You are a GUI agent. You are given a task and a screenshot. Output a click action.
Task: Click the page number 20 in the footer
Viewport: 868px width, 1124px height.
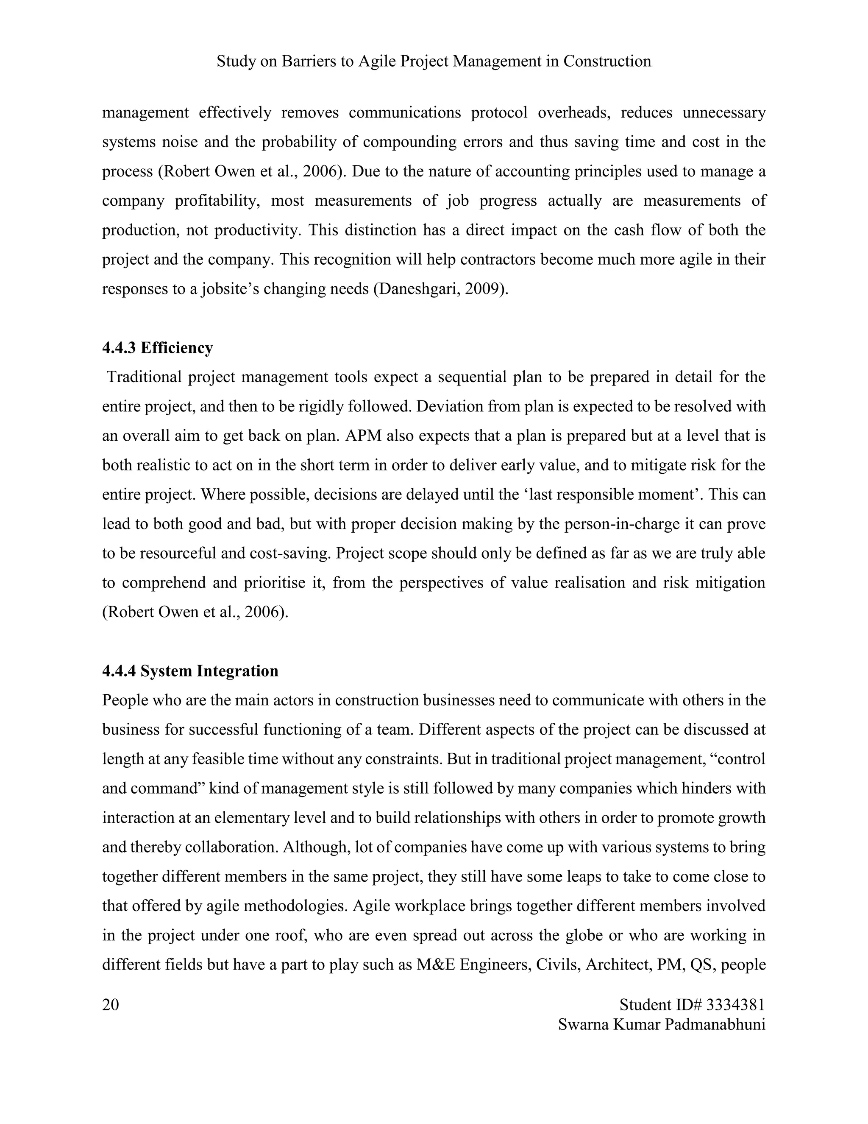pos(111,1004)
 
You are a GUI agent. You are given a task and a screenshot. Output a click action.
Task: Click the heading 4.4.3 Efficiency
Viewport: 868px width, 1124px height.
pos(157,348)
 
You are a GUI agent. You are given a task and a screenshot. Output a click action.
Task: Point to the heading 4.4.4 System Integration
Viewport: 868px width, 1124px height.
pos(190,671)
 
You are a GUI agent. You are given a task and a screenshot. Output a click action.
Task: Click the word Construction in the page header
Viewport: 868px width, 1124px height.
pos(607,61)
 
